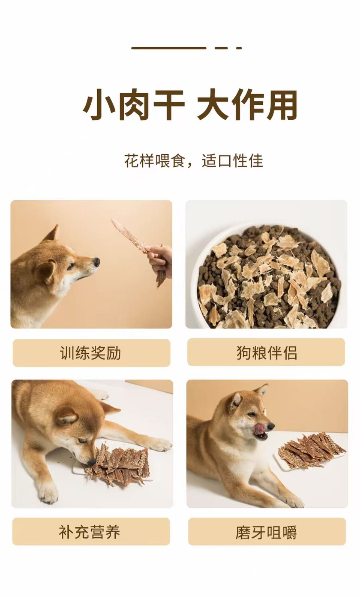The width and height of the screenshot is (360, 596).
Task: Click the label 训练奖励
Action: tap(90, 353)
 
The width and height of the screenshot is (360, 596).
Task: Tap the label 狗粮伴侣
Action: tap(266, 353)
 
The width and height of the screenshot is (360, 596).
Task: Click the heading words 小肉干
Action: tap(134, 105)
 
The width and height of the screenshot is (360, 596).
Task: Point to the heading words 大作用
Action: tap(247, 105)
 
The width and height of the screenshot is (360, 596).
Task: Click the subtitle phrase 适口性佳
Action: tap(232, 161)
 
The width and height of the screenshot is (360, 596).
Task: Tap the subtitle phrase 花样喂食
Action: tap(155, 161)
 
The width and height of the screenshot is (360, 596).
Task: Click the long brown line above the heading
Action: tap(169, 48)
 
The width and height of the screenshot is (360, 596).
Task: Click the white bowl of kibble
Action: tap(266, 275)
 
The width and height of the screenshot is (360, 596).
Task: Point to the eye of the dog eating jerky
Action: tap(82, 441)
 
